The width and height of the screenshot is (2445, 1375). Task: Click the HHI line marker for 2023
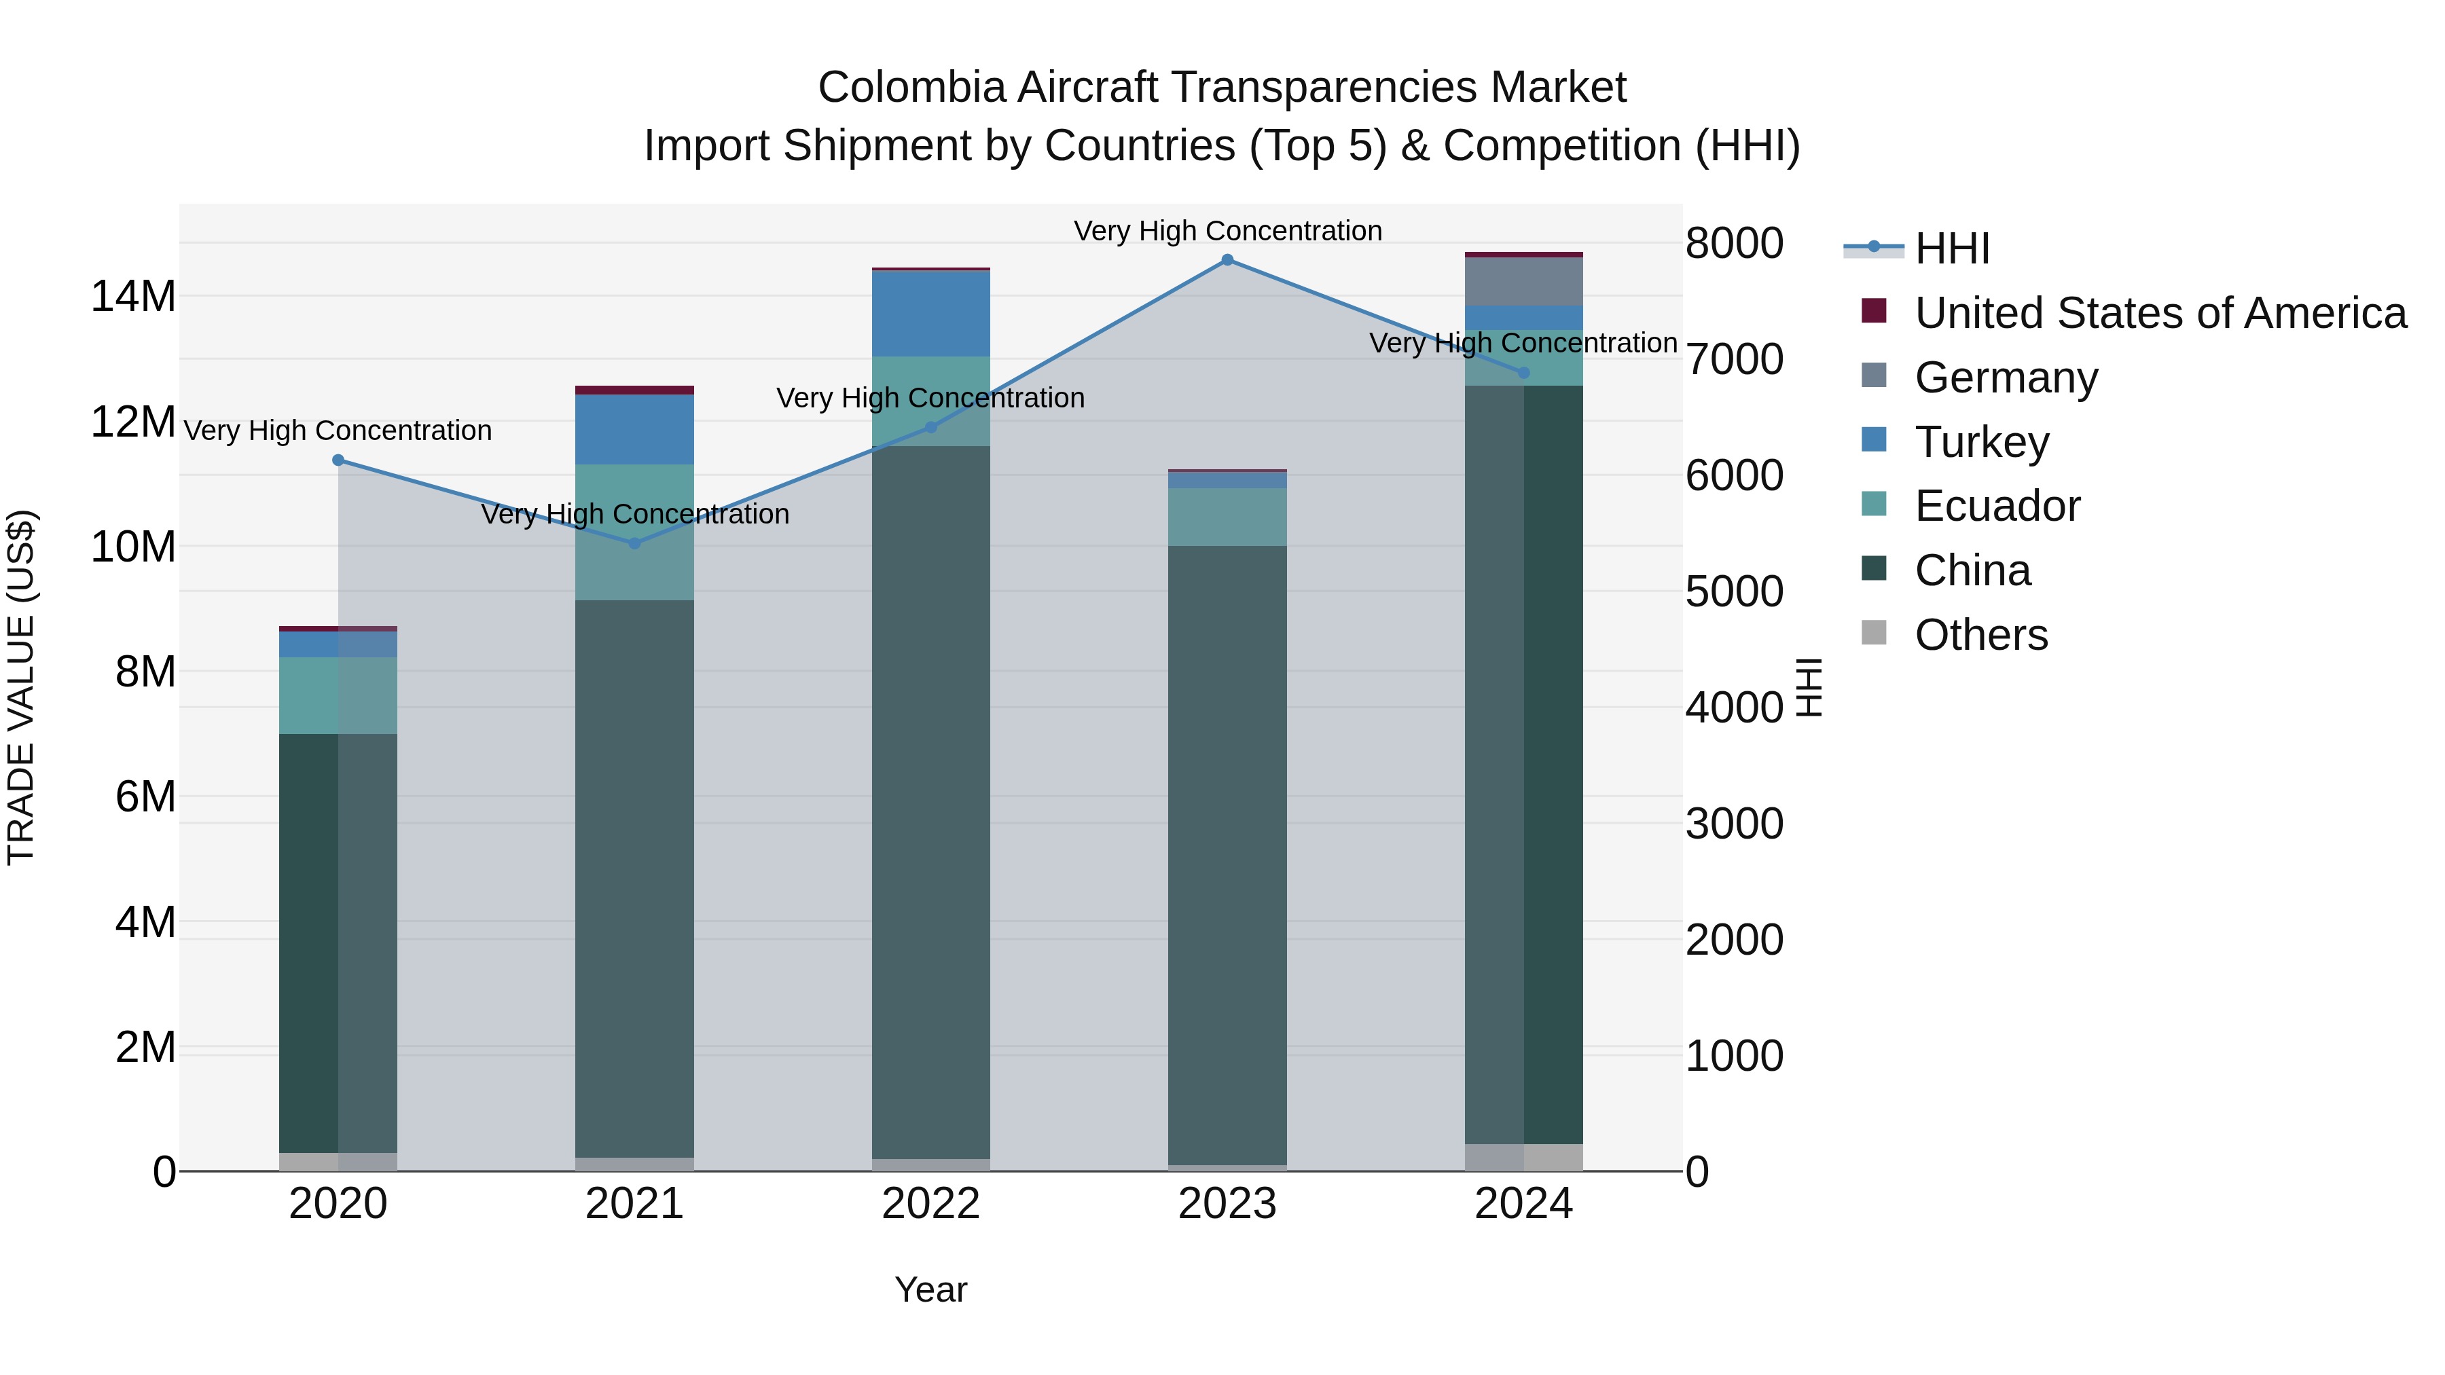point(1227,259)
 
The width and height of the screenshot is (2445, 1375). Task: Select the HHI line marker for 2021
point(634,543)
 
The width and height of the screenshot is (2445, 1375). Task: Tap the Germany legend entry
point(2006,378)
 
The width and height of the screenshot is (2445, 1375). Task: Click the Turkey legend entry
point(1981,442)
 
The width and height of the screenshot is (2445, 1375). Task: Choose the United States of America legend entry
point(2159,313)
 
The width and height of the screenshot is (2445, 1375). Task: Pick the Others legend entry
point(1981,635)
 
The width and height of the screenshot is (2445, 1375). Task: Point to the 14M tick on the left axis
point(133,296)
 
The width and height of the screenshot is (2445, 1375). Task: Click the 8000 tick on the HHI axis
point(1733,243)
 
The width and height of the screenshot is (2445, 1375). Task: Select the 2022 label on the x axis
point(930,1204)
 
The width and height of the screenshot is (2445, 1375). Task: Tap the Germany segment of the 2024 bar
point(1523,281)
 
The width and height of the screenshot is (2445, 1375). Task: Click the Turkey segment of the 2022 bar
point(930,313)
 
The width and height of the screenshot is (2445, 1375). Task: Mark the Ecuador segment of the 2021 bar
point(634,532)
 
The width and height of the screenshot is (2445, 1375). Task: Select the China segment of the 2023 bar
point(1227,854)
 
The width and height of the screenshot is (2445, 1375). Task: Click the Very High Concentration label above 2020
point(338,430)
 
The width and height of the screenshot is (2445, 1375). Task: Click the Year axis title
point(930,1289)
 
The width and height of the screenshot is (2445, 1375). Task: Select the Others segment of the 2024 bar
point(1523,1157)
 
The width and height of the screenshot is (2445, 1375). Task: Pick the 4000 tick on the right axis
point(1733,708)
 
